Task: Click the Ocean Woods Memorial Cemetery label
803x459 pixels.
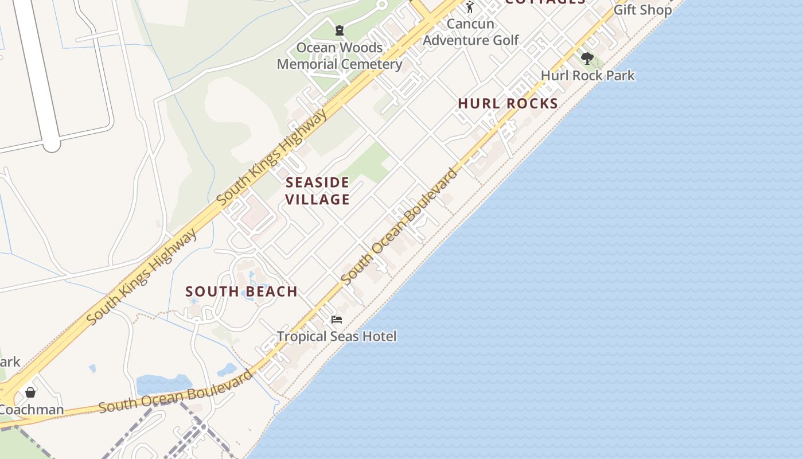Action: tap(340, 56)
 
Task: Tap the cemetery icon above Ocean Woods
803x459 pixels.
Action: tap(340, 30)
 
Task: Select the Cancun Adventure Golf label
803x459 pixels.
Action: tap(470, 32)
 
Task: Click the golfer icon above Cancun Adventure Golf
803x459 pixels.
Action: tap(470, 7)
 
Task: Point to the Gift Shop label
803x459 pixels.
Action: tap(642, 10)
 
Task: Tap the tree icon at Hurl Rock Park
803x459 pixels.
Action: tap(587, 58)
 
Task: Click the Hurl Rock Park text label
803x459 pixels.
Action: tap(588, 75)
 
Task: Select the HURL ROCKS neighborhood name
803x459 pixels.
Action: tap(508, 104)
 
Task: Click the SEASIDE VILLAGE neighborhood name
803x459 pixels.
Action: tap(318, 191)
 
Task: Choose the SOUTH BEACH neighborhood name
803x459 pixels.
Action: tap(241, 291)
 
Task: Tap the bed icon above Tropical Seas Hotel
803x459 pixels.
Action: tap(337, 319)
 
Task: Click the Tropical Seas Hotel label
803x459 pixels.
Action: tap(337, 336)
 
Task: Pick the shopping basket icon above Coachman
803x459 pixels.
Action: tap(30, 392)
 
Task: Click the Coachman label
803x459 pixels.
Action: tap(31, 410)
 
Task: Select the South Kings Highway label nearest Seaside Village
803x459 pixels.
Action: tap(273, 156)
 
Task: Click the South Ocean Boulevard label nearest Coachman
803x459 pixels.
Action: tap(175, 392)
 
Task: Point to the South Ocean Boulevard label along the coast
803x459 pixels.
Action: tap(400, 226)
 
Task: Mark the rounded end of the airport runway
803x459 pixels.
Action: tap(52, 143)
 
